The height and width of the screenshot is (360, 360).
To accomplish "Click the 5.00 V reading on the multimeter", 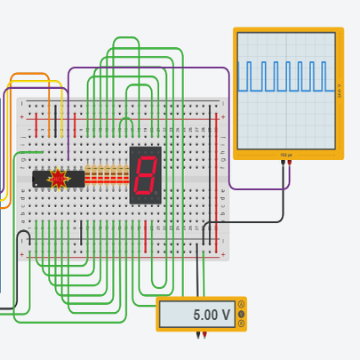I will coord(212,315).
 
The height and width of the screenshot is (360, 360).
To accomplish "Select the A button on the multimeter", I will coord(241,305).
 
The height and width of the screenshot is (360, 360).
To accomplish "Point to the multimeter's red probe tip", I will coord(205,336).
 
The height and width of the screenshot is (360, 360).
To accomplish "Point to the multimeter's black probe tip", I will coord(198,336).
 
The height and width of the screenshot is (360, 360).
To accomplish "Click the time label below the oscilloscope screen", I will coord(286,155).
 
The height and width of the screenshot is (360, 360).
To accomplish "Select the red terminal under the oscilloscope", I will coord(290,162).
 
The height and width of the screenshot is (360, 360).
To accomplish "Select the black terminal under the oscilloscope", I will coord(283,162).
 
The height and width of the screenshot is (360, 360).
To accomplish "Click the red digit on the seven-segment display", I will coord(145,175).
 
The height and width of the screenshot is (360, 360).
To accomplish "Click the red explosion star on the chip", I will coord(59,179).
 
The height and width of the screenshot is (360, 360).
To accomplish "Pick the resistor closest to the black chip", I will coord(89,173).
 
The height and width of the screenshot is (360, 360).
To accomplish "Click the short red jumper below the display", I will coord(146,236).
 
